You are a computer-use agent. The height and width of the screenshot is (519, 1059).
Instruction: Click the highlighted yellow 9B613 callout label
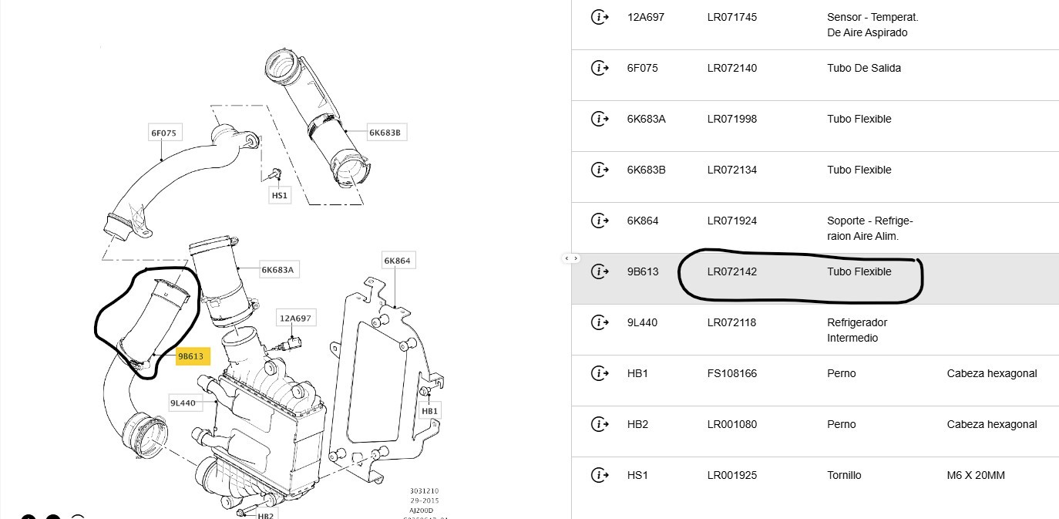[190, 356]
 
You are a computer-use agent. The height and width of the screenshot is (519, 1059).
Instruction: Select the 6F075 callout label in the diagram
[163, 133]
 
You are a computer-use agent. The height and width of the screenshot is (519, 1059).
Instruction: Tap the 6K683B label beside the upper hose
[385, 133]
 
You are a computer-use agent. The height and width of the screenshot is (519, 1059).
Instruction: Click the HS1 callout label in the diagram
[280, 196]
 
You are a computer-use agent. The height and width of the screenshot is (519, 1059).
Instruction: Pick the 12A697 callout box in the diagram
[296, 318]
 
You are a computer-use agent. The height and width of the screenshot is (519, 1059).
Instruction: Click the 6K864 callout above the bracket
[397, 261]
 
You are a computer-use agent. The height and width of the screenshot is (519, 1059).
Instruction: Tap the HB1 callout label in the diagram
[429, 411]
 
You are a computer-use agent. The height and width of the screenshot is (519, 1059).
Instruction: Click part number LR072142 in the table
[731, 271]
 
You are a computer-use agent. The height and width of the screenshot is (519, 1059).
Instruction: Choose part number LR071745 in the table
[731, 17]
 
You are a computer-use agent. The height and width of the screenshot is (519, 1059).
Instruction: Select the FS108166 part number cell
[731, 373]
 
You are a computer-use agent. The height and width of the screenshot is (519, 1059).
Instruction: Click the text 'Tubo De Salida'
[863, 68]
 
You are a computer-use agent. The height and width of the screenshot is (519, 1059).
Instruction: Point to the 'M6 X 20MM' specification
[976, 475]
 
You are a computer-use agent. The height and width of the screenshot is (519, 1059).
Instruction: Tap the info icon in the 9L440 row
[599, 322]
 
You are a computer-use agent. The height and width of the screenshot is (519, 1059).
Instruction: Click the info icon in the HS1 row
[599, 475]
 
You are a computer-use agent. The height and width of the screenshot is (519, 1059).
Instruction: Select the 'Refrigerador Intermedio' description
[857, 330]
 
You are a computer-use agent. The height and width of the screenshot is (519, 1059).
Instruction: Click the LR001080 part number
[731, 424]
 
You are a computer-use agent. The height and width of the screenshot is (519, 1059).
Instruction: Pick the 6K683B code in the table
[646, 170]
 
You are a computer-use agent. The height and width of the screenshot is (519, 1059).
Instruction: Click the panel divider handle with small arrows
[571, 258]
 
